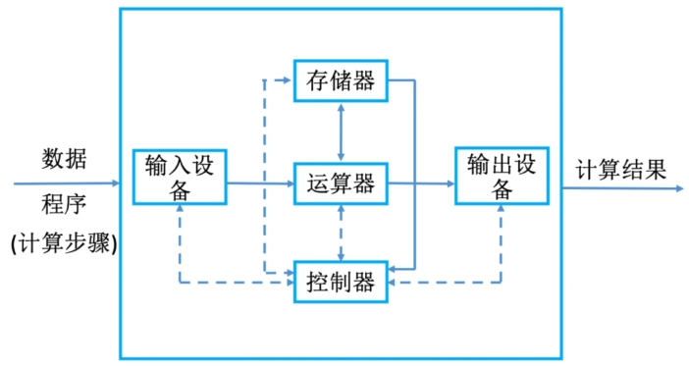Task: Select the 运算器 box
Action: tap(341, 183)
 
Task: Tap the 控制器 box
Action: tap(341, 284)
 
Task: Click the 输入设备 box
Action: tap(179, 177)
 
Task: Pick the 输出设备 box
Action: tap(502, 176)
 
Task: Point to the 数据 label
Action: tap(64, 157)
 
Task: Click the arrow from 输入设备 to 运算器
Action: tap(260, 183)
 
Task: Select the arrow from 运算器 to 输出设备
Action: tap(422, 183)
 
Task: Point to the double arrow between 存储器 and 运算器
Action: tap(341, 131)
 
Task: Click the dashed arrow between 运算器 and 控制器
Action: tap(341, 233)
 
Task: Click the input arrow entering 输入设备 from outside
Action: tap(69, 183)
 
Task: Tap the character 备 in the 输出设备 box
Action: tap(502, 189)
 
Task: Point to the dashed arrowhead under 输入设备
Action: tap(180, 213)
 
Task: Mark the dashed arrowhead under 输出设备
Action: tap(502, 213)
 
